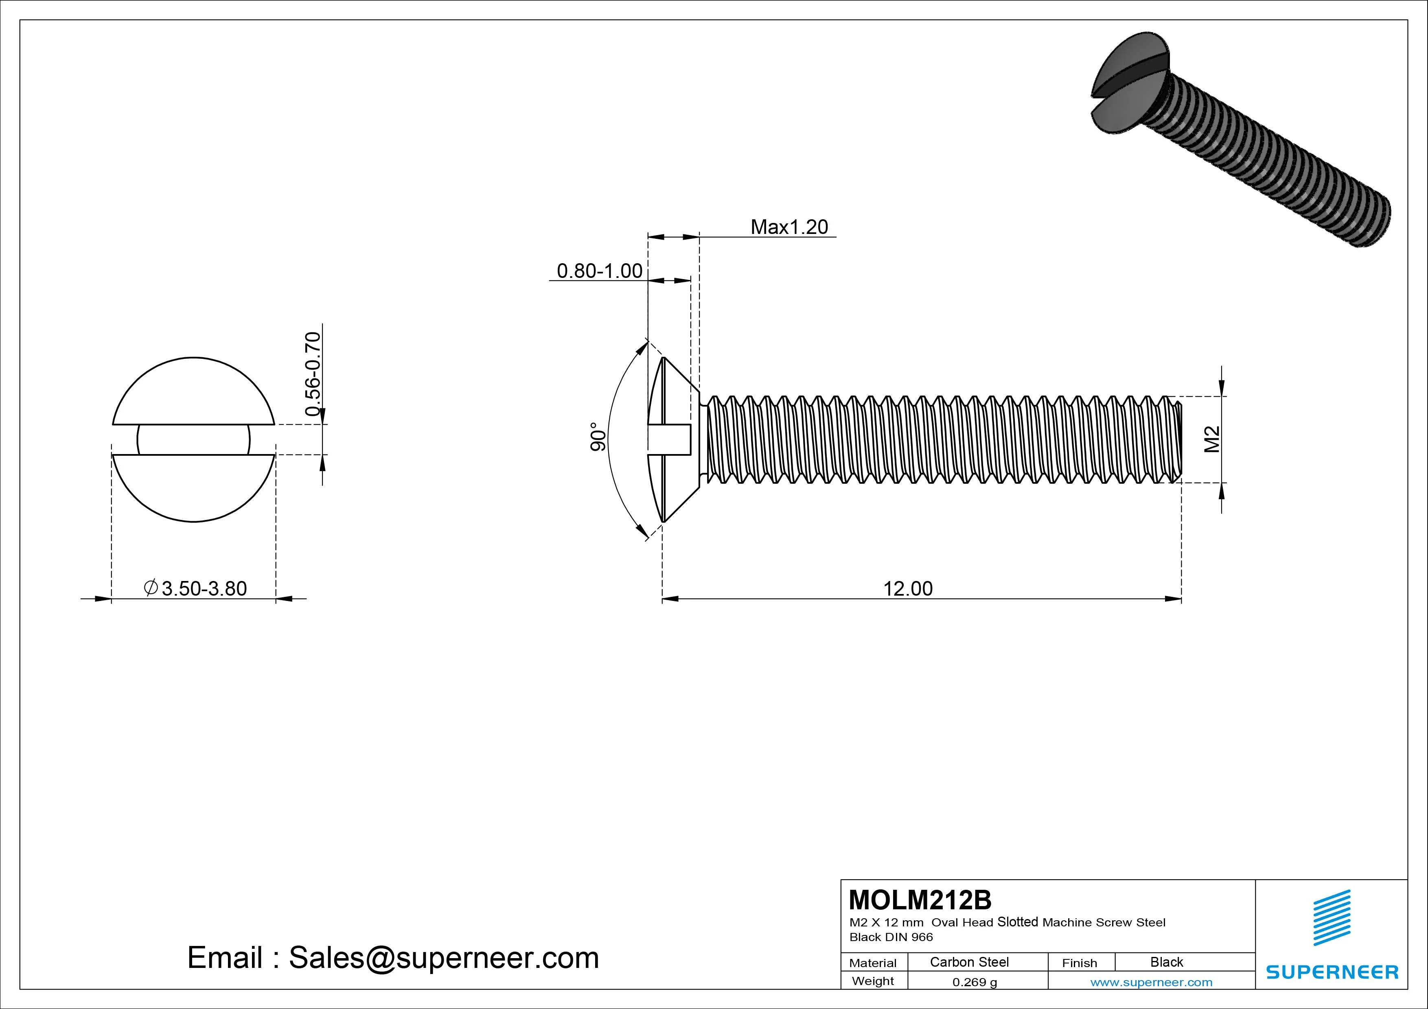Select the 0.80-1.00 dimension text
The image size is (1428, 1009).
pyautogui.click(x=599, y=271)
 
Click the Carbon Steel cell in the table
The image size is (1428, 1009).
pyautogui.click(x=968, y=962)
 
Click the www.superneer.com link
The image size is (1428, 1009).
pyautogui.click(x=1151, y=982)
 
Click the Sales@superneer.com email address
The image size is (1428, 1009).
pyautogui.click(x=443, y=957)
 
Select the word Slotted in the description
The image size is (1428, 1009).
pyautogui.click(x=1018, y=922)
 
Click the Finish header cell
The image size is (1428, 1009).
pyautogui.click(x=1079, y=962)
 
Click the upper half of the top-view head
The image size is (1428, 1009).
pyautogui.click(x=193, y=392)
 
